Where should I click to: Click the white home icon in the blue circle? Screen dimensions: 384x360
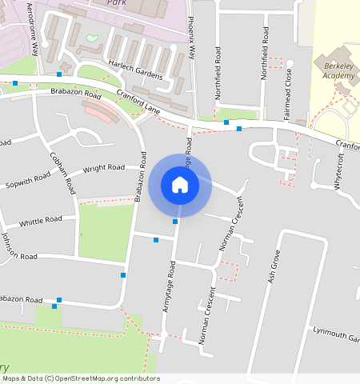coord(180,185)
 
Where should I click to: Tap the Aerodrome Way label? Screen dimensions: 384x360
coord(34,28)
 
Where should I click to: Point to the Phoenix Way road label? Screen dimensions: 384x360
coord(191,38)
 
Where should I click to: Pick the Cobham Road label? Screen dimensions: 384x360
coord(62,174)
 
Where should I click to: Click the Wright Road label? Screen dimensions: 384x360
coord(104,168)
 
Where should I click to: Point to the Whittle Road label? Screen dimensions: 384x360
coord(40,221)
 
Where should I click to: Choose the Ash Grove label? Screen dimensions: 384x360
coord(273,267)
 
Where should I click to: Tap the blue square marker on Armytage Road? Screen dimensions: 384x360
coord(175,221)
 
